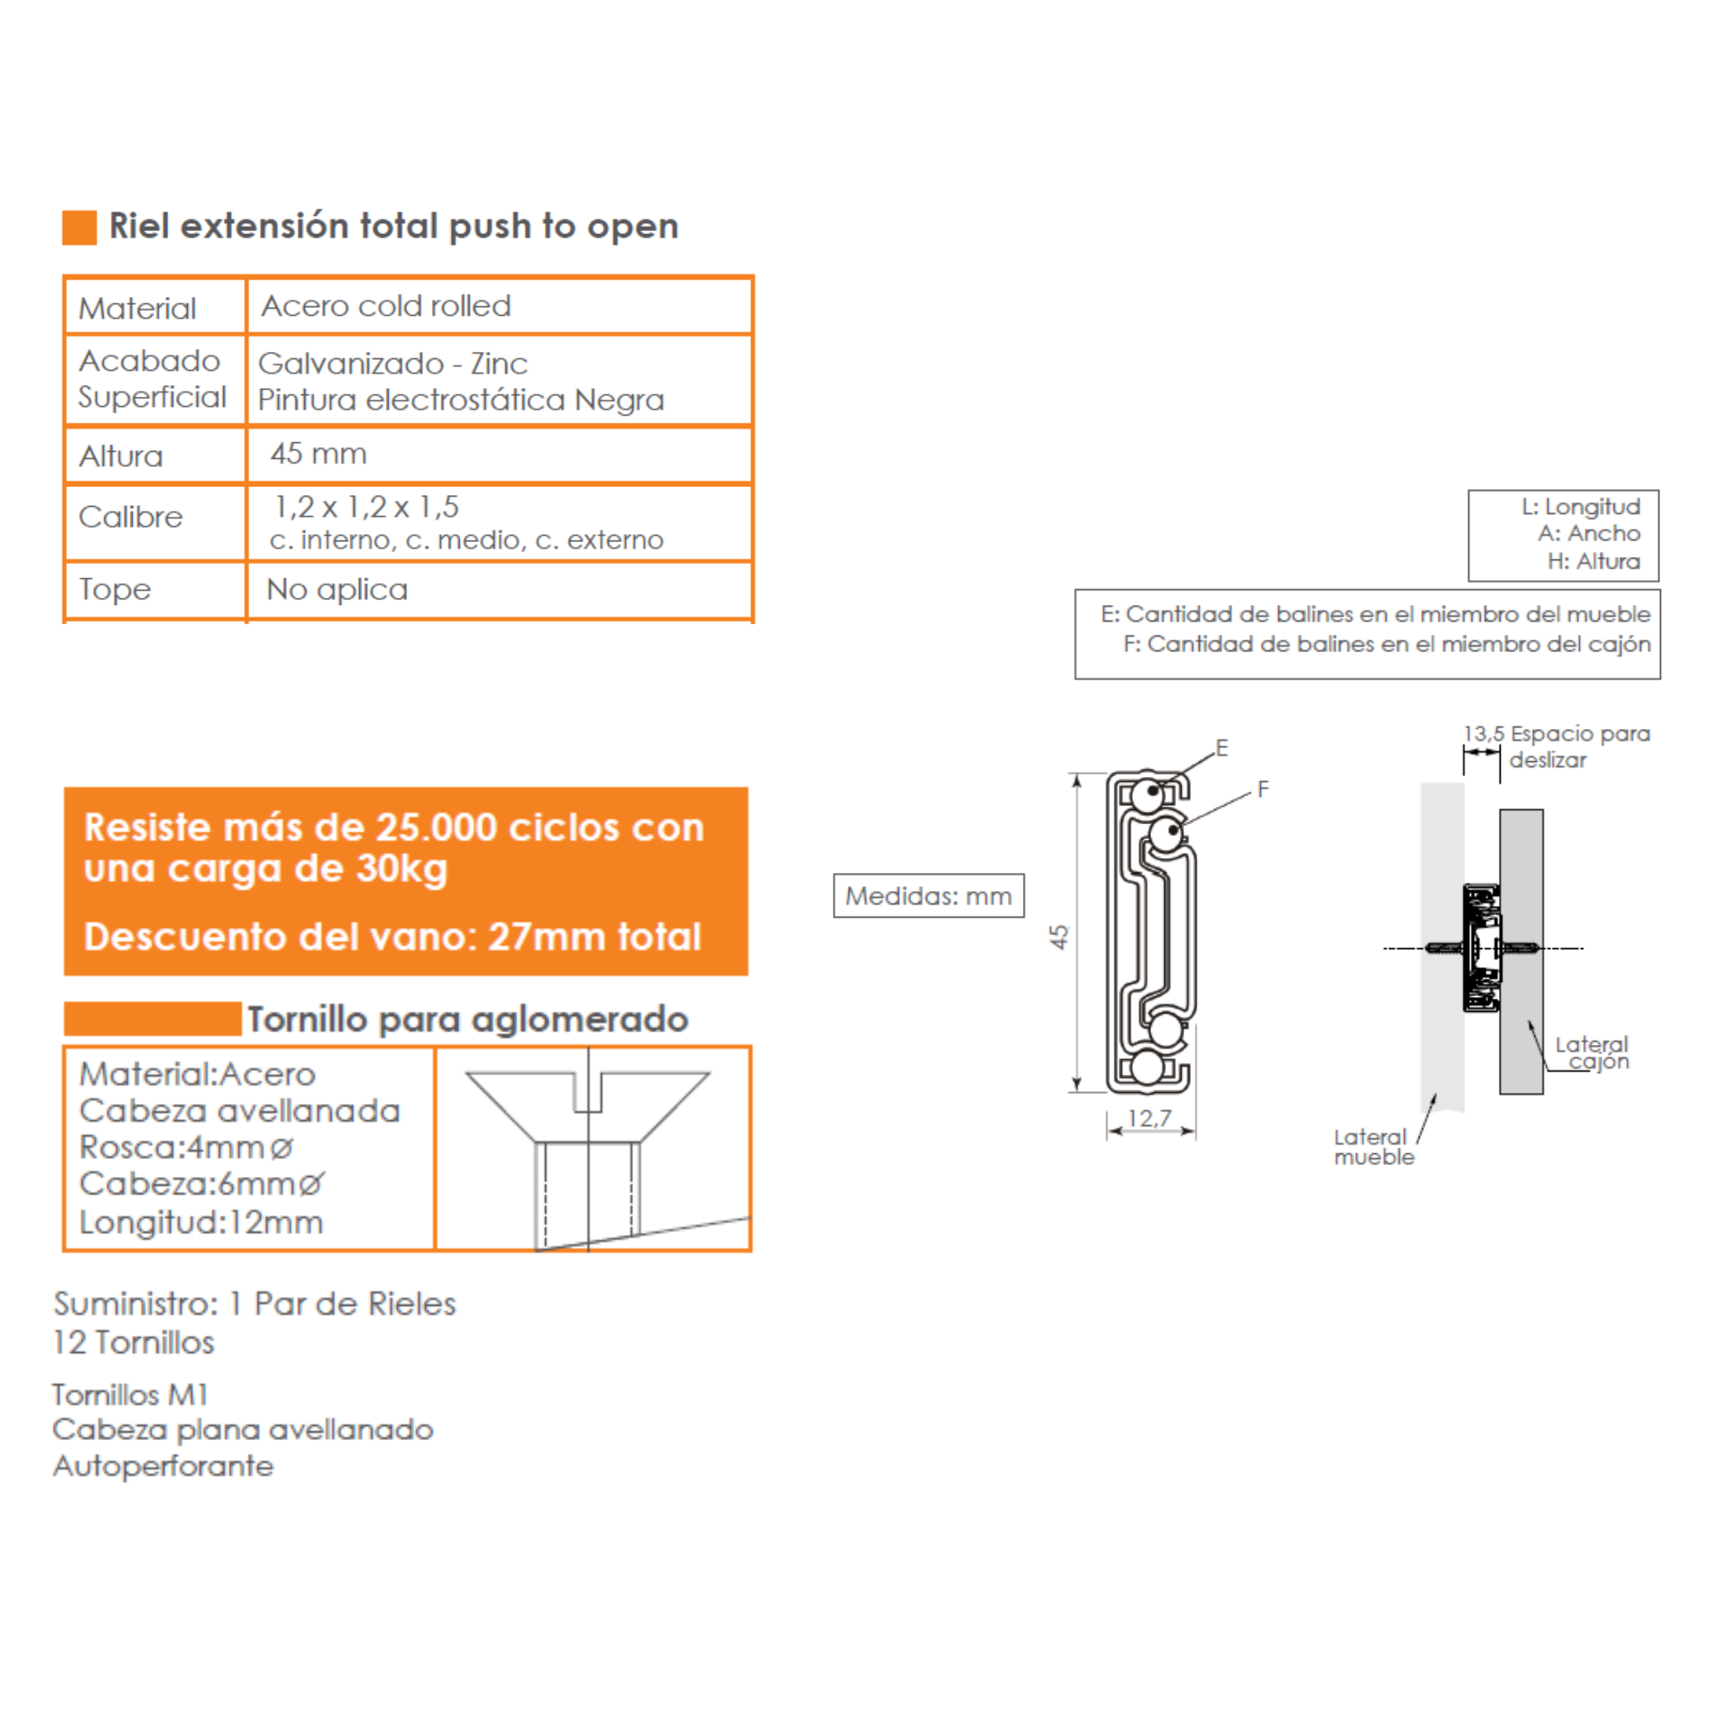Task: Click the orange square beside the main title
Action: (x=79, y=227)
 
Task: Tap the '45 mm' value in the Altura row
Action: (x=318, y=454)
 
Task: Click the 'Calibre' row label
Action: (x=130, y=517)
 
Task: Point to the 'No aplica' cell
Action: (x=337, y=589)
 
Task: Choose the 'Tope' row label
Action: (x=115, y=589)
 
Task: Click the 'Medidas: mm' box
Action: (x=928, y=895)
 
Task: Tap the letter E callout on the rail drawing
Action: (x=1222, y=748)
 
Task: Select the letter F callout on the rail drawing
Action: (x=1263, y=790)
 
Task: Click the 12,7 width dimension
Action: (x=1149, y=1119)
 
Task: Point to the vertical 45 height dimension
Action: (x=1059, y=936)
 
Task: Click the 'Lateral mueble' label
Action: (x=1373, y=1147)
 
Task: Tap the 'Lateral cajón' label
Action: (x=1592, y=1053)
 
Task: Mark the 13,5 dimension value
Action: (x=1483, y=734)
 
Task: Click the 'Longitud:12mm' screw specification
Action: (x=201, y=1222)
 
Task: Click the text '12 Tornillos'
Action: (x=134, y=1343)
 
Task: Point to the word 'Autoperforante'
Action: (x=163, y=1465)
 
